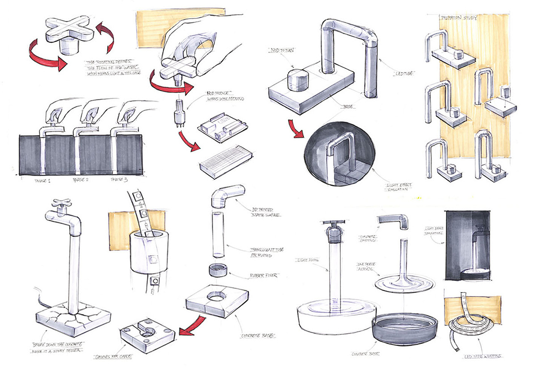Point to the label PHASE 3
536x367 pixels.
[x=120, y=181]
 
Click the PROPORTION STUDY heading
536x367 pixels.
[x=459, y=18]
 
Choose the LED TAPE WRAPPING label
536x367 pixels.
[x=482, y=357]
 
